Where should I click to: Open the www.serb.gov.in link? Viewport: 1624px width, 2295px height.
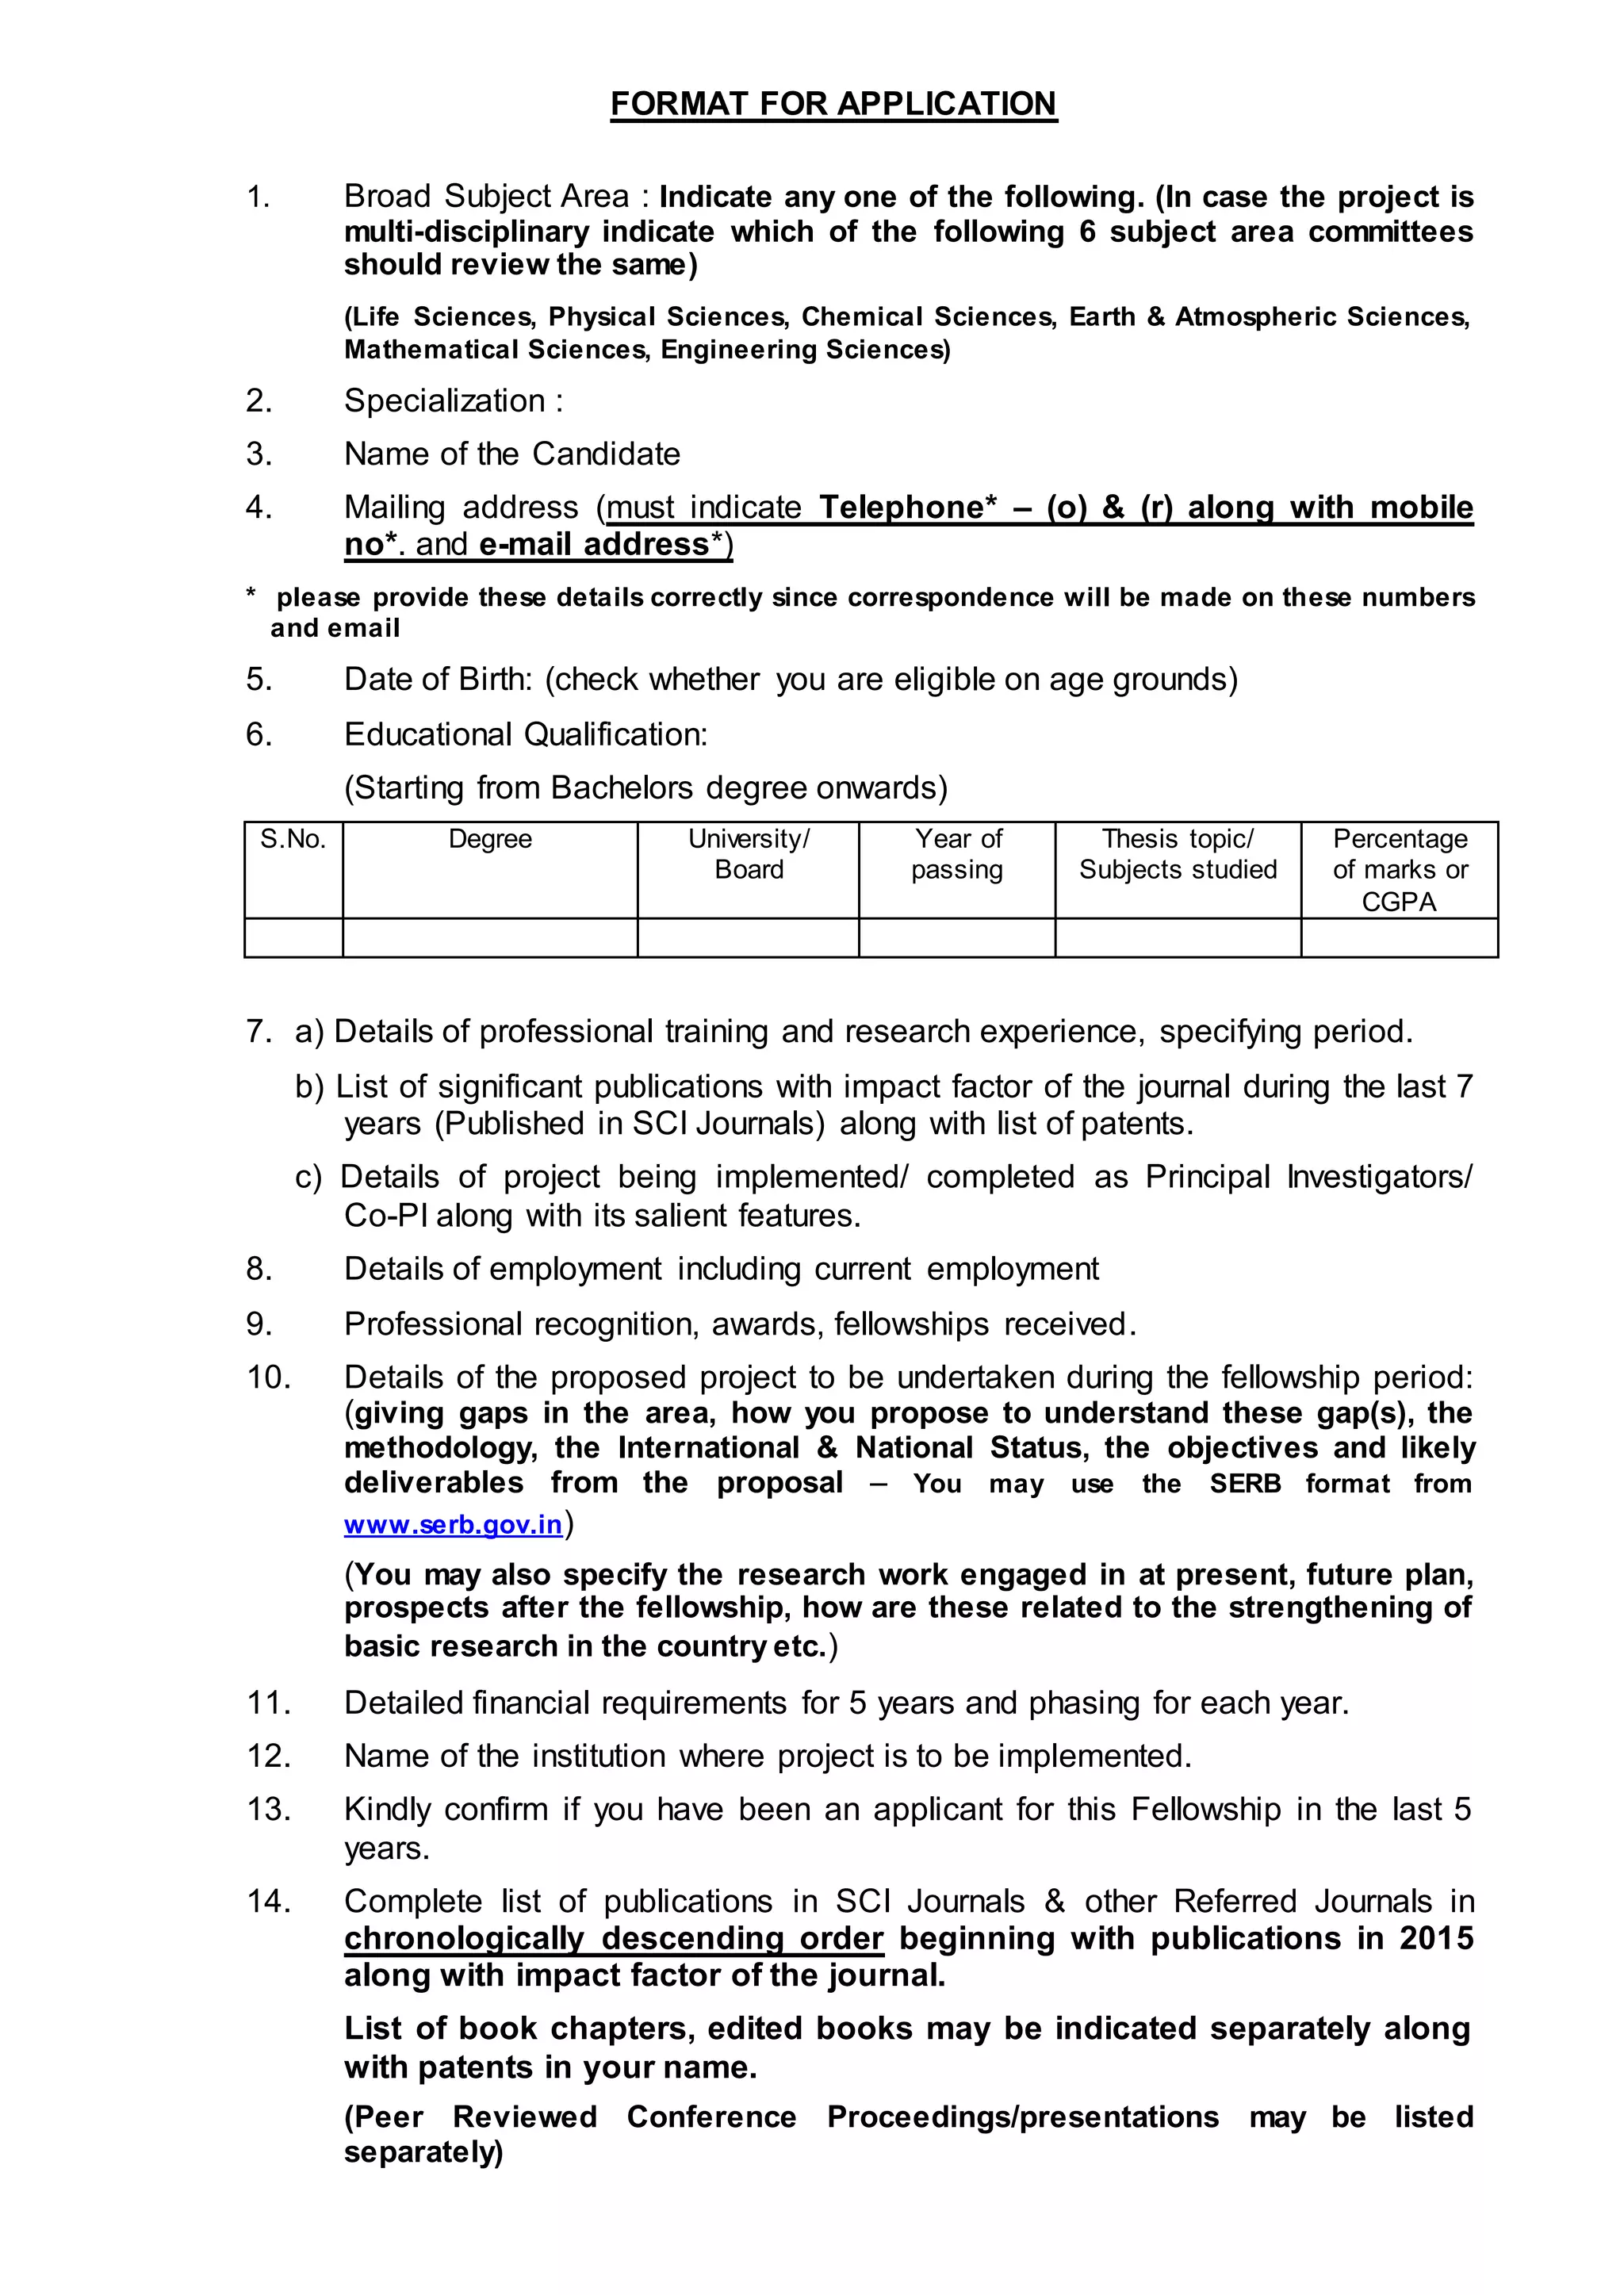click(x=452, y=1524)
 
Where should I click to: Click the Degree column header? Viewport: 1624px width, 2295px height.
click(x=489, y=839)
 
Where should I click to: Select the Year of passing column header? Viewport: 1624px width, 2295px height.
click(x=956, y=854)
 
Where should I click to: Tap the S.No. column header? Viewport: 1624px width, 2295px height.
click(x=293, y=839)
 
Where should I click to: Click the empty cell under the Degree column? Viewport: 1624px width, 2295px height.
click(x=489, y=938)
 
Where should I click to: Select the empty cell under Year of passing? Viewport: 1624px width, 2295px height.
click(x=956, y=938)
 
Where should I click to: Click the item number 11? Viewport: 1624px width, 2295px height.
click(x=268, y=1702)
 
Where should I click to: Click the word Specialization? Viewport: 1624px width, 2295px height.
click(x=444, y=401)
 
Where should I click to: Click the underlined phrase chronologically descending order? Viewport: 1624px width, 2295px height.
click(x=613, y=1938)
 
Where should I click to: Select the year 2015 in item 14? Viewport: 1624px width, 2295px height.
click(x=1436, y=1938)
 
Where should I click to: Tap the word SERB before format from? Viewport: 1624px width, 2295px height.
click(x=1245, y=1483)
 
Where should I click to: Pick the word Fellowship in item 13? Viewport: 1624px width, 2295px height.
click(x=1206, y=1809)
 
